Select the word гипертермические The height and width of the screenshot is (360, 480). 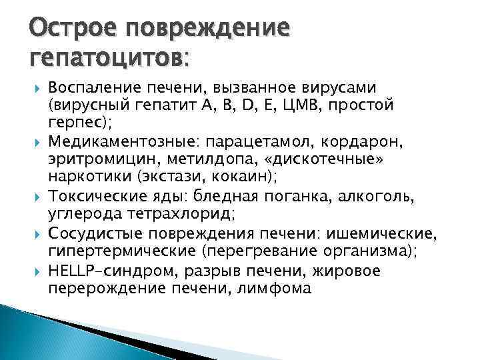(115, 253)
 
